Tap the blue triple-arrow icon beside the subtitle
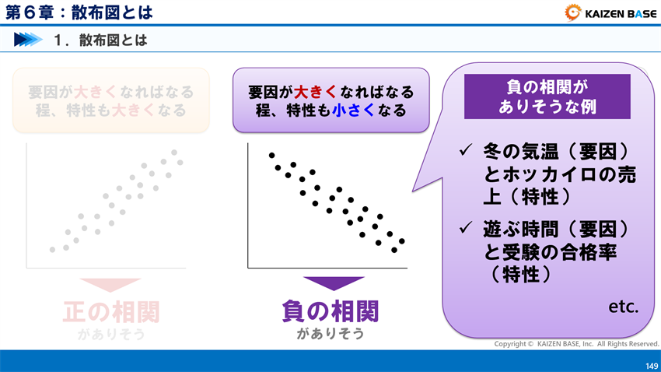28,40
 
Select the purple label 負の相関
330,311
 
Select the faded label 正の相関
111,311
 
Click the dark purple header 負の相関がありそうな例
547,97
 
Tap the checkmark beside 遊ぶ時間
466,228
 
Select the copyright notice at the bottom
576,343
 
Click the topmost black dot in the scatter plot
271,156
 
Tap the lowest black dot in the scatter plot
394,251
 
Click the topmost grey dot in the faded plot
174,153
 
